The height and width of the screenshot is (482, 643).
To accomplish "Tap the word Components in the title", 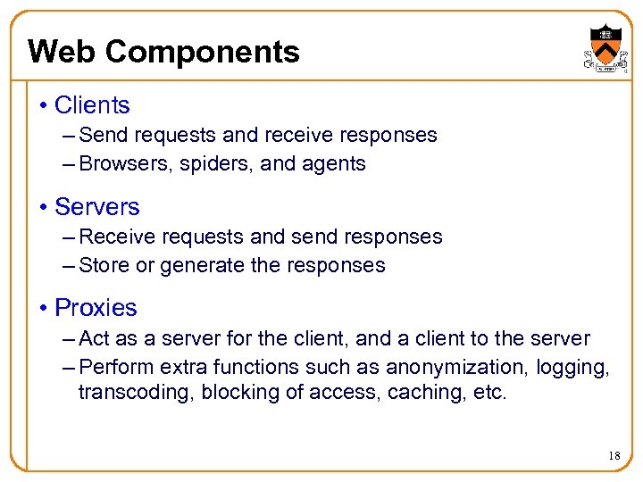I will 201,53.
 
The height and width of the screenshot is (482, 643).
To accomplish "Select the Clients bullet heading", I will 92,105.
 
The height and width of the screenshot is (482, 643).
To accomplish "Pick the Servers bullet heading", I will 97,207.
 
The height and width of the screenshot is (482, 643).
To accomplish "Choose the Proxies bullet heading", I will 96,308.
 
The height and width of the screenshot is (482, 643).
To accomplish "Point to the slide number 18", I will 614,456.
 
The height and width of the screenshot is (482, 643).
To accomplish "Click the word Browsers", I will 121,164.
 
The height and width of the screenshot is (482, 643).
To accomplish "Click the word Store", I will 102,265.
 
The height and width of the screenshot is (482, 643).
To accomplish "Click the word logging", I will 577,368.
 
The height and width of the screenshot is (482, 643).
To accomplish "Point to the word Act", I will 94,338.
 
